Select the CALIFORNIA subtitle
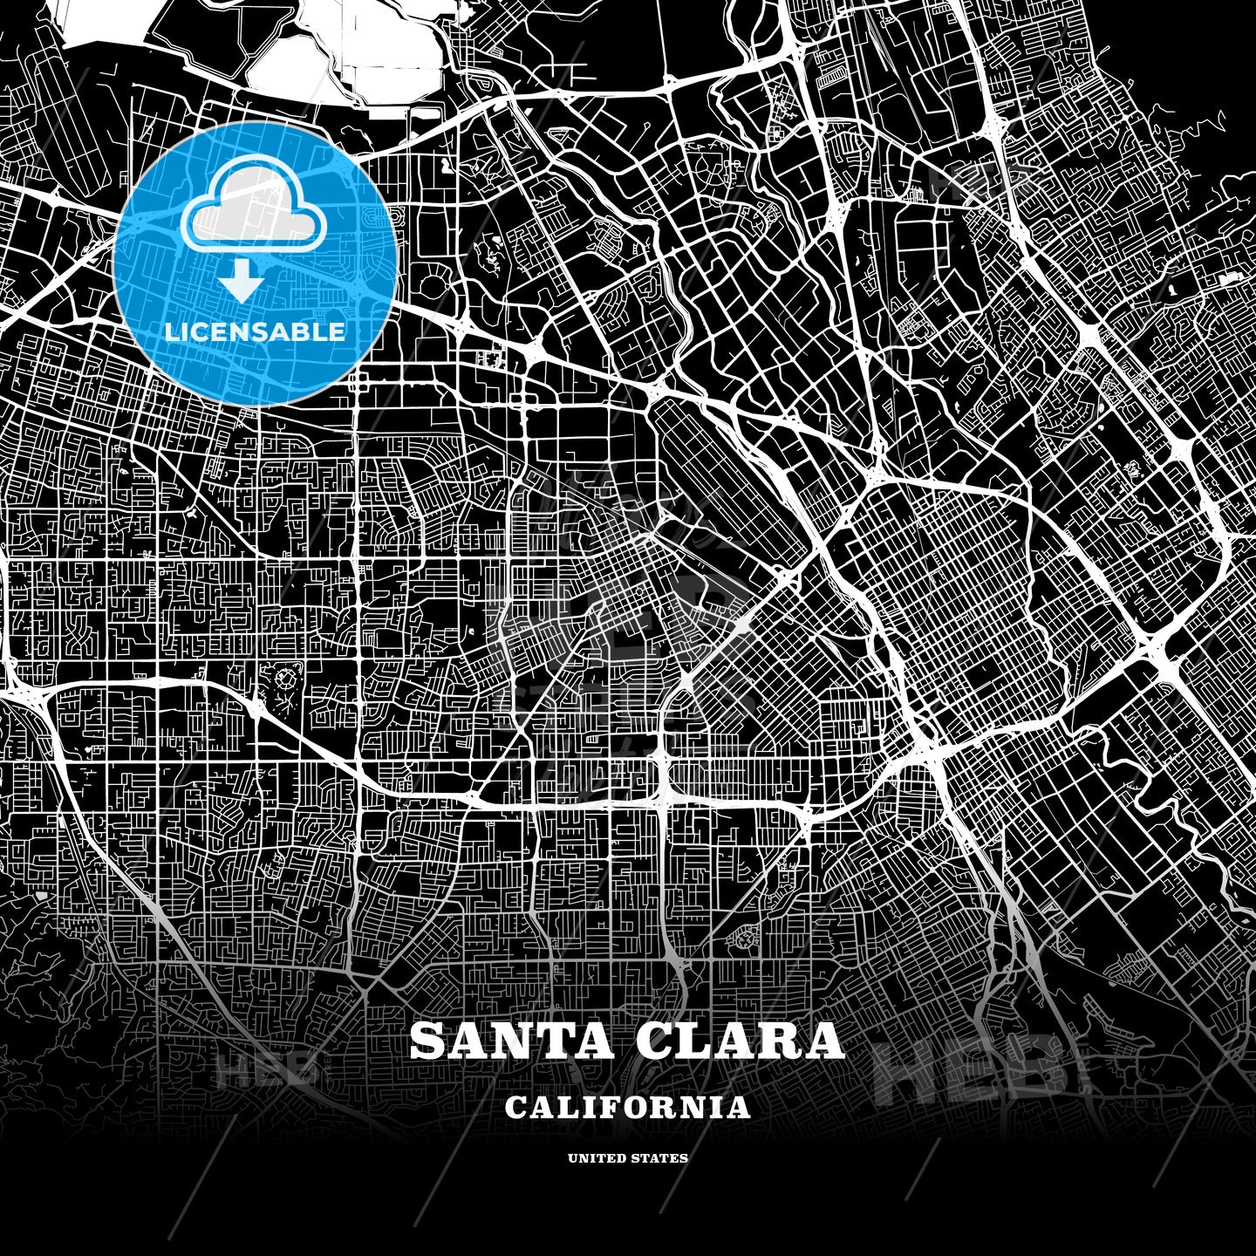(627, 1108)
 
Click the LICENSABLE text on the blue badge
(255, 331)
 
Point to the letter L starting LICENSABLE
(171, 331)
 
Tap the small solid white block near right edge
(1232, 279)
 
